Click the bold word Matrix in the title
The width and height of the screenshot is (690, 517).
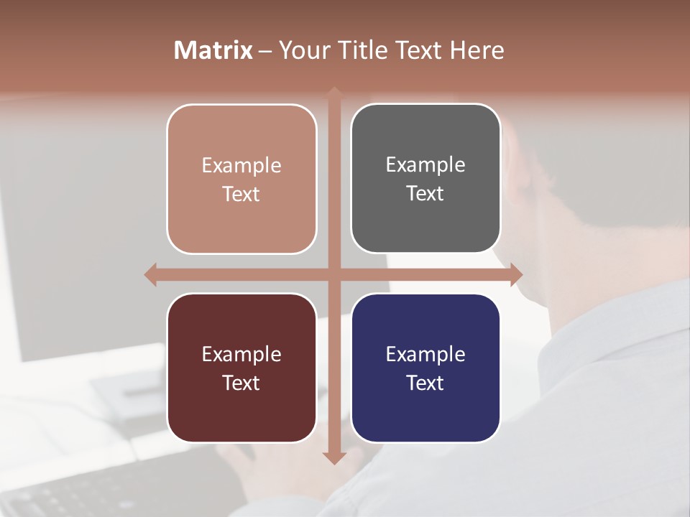coord(213,50)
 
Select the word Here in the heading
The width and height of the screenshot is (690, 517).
coord(477,50)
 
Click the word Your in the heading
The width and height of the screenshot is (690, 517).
coord(303,50)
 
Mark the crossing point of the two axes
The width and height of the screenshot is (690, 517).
coord(333,274)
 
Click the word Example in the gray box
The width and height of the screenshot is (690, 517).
coord(425,164)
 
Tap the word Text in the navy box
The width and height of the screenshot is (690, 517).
coord(425,383)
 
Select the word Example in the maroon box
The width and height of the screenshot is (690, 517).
coord(241,354)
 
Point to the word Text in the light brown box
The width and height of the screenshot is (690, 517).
coord(241,194)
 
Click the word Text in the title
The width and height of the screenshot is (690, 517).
coord(418,50)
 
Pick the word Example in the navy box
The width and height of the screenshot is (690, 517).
coord(425,354)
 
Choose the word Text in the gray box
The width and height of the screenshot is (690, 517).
coord(425,193)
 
